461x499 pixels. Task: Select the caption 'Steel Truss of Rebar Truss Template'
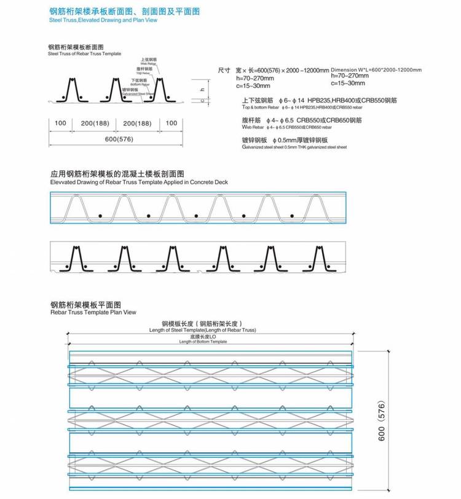click(84, 54)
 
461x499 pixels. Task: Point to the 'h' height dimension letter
click(201, 90)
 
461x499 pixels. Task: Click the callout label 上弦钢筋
click(147, 59)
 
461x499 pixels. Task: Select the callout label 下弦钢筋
click(139, 81)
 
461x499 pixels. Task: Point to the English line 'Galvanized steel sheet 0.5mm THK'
click(294, 147)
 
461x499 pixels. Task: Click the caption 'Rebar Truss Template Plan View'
click(93, 312)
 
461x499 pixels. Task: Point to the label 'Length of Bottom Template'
click(203, 342)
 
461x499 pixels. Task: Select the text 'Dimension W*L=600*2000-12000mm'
click(376, 71)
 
